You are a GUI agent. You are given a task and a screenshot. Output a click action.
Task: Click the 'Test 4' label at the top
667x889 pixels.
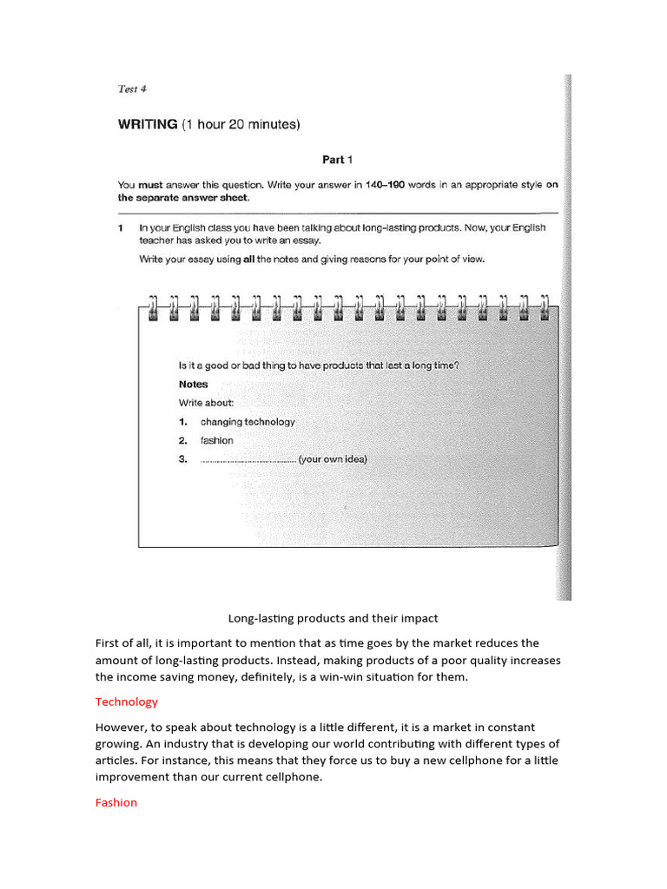tap(133, 89)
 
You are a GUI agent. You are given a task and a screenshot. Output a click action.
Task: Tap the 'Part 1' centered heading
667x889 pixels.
tap(338, 160)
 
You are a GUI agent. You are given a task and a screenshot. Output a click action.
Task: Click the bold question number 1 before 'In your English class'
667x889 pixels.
tap(121, 227)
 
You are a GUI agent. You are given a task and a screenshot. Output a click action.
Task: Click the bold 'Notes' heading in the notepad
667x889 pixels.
tap(193, 384)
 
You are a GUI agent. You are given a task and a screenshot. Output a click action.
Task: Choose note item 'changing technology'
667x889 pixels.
tap(248, 422)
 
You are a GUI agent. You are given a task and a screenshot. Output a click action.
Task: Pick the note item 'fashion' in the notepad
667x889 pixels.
tap(217, 441)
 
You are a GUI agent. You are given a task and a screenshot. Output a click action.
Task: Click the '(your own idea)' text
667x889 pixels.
tap(333, 460)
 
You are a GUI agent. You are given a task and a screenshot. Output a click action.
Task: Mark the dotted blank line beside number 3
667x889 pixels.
tap(248, 461)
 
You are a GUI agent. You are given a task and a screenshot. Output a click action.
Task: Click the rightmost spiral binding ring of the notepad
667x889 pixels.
tap(545, 308)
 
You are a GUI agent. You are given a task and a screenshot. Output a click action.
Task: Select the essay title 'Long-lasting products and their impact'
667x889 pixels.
tap(333, 619)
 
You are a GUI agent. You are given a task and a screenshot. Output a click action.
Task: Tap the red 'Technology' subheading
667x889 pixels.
tap(127, 701)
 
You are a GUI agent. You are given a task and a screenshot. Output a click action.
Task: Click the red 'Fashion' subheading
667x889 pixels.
tap(116, 803)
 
